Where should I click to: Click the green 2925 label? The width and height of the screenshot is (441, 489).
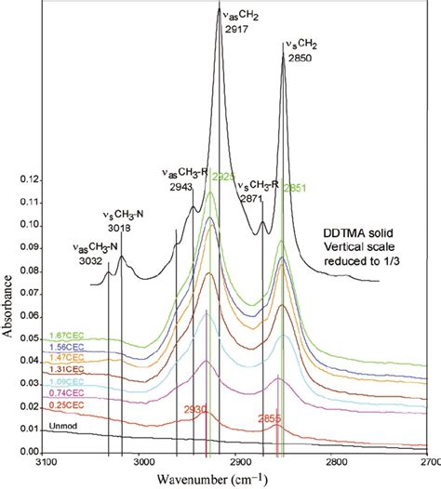coord(224,177)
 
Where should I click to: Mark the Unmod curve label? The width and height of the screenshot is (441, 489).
coord(61,427)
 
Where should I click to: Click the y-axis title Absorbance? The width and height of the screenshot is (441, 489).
coord(8,307)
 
